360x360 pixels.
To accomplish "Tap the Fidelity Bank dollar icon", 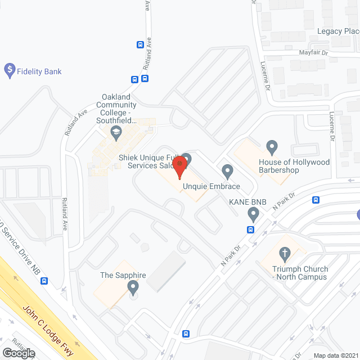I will point(9,71).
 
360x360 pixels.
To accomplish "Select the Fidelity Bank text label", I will point(39,71).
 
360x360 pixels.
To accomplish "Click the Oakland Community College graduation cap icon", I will point(116,133).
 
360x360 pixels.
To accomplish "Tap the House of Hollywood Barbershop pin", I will point(272,147).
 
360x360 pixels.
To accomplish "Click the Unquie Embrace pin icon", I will point(227,170).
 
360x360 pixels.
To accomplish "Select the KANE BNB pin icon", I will point(253,214).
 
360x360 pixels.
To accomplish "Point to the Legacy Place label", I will point(338,31).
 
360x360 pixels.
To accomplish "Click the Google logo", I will point(18,353).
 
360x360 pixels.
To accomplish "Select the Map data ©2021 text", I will point(335,355).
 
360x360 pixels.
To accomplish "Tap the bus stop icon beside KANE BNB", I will point(250,229).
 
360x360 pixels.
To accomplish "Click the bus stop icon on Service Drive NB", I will point(44,281).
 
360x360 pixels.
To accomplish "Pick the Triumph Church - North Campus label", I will point(300,273).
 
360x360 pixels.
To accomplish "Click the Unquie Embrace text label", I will point(211,186).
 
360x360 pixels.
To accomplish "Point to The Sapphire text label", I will point(123,275).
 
